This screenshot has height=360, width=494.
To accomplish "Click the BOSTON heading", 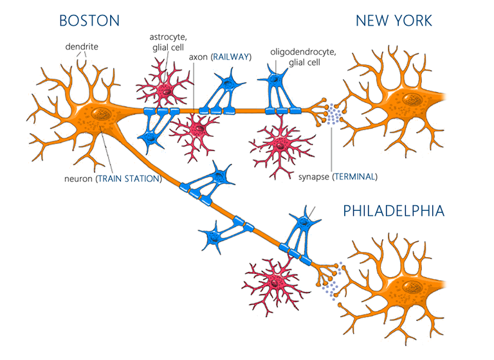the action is click(x=89, y=21).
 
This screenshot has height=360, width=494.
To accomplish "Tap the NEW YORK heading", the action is click(x=394, y=21).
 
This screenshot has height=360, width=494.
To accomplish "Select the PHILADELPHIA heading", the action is click(x=394, y=211).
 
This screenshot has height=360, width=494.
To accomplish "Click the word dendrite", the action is click(x=82, y=47).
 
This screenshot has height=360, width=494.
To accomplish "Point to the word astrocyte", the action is click(x=169, y=37).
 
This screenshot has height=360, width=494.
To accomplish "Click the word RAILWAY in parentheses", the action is click(x=232, y=57).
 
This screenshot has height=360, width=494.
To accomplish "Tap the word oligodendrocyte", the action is click(x=303, y=52).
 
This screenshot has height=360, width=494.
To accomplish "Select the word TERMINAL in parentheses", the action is click(x=355, y=177).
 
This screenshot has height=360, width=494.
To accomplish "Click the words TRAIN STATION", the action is click(x=129, y=179).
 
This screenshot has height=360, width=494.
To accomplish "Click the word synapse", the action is click(x=314, y=177).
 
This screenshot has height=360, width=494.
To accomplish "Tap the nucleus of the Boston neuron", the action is click(x=101, y=114).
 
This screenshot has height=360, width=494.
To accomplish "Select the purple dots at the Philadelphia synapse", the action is click(x=332, y=282).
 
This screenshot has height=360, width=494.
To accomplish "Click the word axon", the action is click(x=198, y=57).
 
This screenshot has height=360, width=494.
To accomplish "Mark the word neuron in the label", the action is click(x=78, y=179).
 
